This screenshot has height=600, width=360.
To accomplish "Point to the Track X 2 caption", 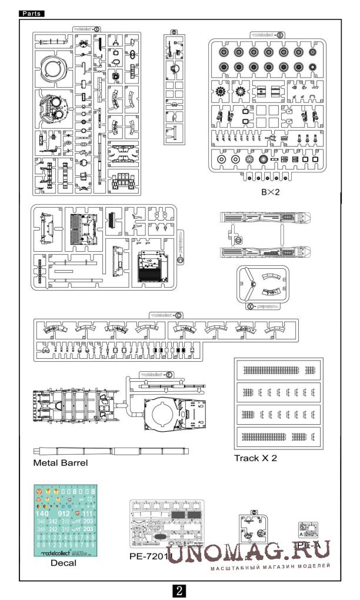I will pyautogui.click(x=255, y=458).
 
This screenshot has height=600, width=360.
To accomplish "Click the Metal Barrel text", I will pyautogui.click(x=61, y=463).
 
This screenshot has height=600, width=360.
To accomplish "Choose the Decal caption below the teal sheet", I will pyautogui.click(x=63, y=563).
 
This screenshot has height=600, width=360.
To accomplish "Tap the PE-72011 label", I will pyautogui.click(x=151, y=556).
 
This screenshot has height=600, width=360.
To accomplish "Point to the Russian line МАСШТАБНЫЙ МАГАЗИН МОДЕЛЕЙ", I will pyautogui.click(x=270, y=566).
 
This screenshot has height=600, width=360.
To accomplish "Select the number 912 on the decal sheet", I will pyautogui.click(x=64, y=513).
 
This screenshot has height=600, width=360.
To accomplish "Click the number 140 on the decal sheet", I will pyautogui.click(x=42, y=513).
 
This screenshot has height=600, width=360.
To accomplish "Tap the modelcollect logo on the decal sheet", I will pyautogui.click(x=64, y=554).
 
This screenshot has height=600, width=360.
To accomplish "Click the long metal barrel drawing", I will pyautogui.click(x=112, y=451).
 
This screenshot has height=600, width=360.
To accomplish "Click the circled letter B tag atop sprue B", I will pyautogui.click(x=280, y=35).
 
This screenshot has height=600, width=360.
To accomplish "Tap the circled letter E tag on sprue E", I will pyautogui.click(x=169, y=374).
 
